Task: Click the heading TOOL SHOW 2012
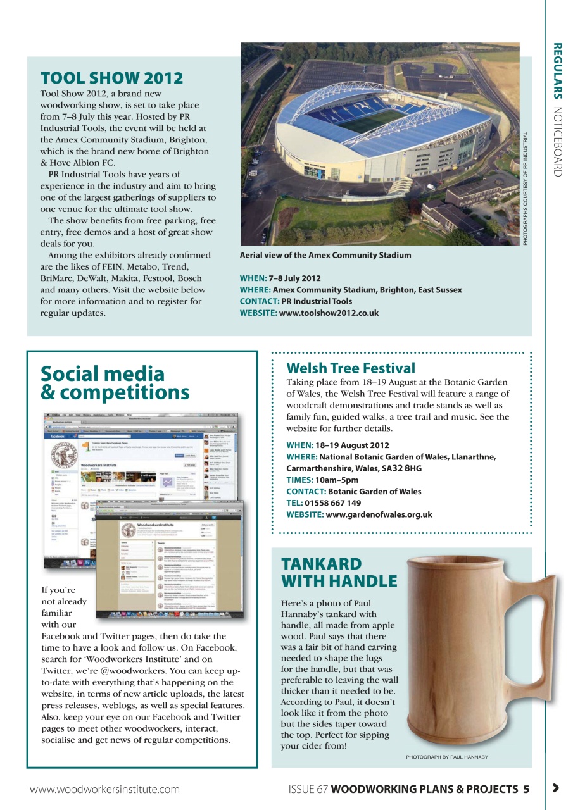click(111, 78)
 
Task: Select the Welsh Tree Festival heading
click(351, 368)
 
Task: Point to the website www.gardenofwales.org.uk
click(378, 514)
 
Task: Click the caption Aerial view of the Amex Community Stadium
click(325, 255)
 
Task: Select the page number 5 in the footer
click(526, 789)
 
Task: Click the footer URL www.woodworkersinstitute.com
click(104, 789)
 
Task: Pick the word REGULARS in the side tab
click(557, 71)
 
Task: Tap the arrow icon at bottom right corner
click(555, 788)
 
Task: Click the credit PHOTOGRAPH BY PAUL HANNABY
click(446, 757)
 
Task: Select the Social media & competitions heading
click(115, 383)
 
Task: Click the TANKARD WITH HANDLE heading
click(339, 572)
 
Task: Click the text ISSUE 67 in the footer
click(308, 789)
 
